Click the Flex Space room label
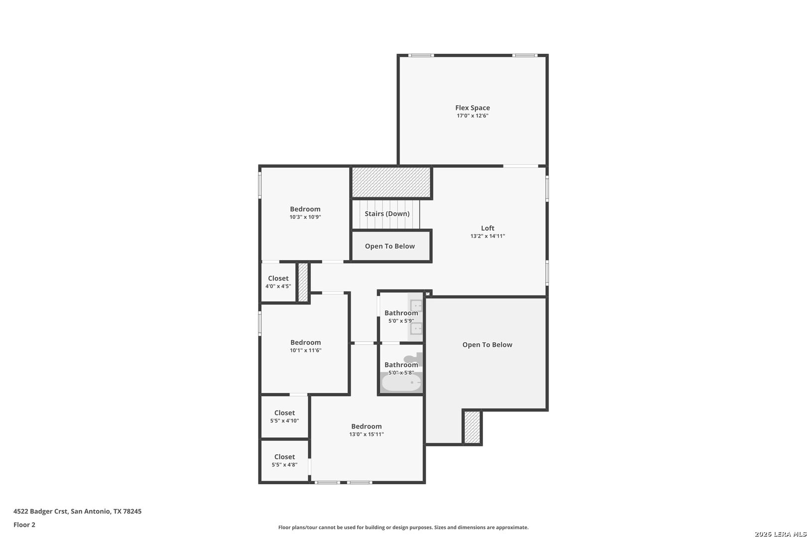coord(472,108)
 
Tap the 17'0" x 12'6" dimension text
coord(472,116)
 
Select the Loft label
coord(488,228)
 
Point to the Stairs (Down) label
coord(387,214)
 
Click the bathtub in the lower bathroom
coord(402,383)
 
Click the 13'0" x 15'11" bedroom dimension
coord(367,434)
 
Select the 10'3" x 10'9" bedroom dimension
coord(305,217)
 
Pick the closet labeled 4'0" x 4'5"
coord(278,282)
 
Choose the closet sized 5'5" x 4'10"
coord(284,416)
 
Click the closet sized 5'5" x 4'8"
coord(284,460)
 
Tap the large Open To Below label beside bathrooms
coord(487,345)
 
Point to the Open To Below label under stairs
coord(390,246)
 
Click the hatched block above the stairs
coord(391,182)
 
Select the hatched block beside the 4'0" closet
coord(303,282)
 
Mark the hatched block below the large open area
coord(472,427)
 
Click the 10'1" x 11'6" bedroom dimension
coord(305,350)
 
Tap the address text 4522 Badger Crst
coord(40,511)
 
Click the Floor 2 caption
coord(24,525)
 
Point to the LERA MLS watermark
coord(780,534)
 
